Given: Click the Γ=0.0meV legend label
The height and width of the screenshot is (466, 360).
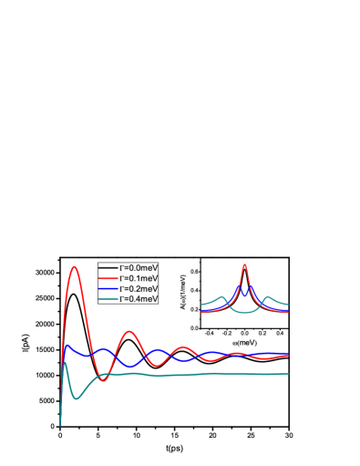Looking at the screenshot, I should click(139, 268).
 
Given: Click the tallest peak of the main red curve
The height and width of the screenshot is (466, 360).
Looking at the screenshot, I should click(75, 266).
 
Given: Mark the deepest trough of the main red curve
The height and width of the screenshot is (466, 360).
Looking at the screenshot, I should click(104, 380).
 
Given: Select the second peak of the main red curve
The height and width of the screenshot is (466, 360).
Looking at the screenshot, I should click(129, 331).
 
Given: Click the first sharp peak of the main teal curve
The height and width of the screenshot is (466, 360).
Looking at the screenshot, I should click(65, 363).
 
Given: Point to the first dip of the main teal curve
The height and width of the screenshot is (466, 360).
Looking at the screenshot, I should click(77, 399).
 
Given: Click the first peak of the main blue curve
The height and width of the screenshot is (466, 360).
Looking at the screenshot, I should click(67, 346).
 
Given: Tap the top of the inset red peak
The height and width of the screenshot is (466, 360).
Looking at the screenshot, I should click(244, 264).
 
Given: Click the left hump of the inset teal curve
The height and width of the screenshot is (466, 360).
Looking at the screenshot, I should click(221, 296).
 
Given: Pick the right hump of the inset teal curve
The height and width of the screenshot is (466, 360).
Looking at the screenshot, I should click(267, 296).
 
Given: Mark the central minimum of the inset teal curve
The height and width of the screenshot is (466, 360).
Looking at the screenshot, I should click(244, 313).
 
